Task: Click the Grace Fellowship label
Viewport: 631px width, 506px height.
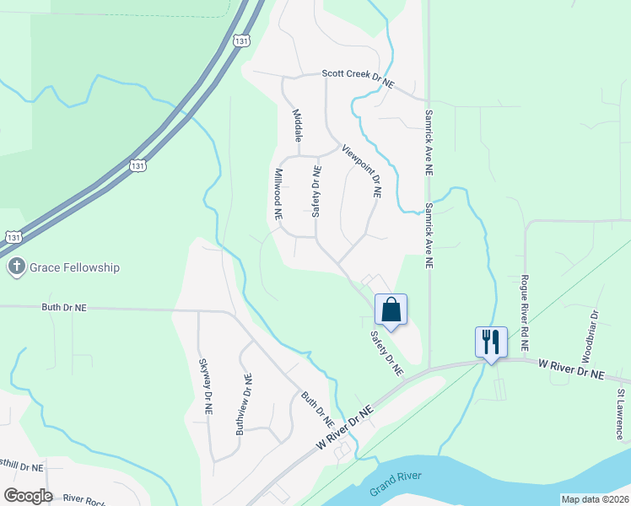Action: click(x=74, y=267)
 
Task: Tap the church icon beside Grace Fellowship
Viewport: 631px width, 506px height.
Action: click(x=16, y=267)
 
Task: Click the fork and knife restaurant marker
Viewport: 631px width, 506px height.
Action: click(x=491, y=342)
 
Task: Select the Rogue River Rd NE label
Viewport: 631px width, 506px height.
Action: click(x=524, y=312)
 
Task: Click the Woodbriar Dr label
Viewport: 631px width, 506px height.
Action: click(x=595, y=326)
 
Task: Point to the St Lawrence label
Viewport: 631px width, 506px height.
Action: click(x=619, y=413)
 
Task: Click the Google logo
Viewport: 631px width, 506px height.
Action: click(x=28, y=496)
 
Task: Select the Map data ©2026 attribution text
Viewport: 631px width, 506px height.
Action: click(x=595, y=499)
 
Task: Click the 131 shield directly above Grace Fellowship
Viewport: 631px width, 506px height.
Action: click(x=12, y=238)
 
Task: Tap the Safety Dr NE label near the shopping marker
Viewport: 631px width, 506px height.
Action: click(x=386, y=353)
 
